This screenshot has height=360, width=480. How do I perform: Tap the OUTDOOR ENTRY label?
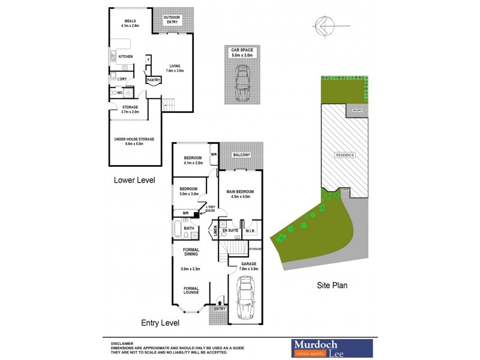point(172,19)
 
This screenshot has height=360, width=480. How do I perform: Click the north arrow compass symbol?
point(322,25)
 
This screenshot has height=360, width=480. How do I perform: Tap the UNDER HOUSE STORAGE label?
point(134,139)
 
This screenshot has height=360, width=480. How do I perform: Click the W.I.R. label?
point(251,230)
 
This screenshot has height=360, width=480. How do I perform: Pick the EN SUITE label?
point(229,230)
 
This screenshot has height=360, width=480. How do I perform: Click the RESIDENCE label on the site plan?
point(345,155)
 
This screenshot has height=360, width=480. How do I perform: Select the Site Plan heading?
point(332,286)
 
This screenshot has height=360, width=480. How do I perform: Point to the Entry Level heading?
point(160,323)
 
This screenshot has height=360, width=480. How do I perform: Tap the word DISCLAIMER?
point(122,340)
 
